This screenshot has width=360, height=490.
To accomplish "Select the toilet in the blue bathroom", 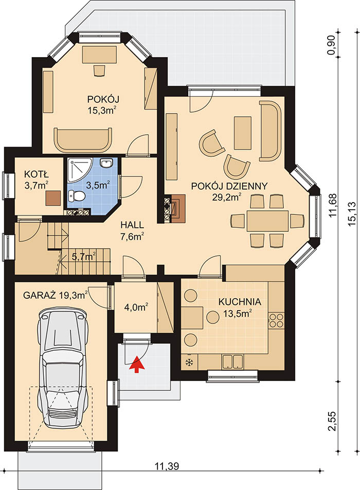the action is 77,196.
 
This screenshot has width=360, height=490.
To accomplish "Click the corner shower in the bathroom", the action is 79,170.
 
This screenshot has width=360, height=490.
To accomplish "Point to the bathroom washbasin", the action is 106,163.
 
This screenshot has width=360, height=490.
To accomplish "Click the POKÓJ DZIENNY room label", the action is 229,186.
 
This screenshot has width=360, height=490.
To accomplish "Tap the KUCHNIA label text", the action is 240,302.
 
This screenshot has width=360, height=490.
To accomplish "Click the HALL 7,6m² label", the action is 132,231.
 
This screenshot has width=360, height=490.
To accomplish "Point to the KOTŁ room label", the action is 36,174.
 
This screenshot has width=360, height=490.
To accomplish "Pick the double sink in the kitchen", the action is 232,361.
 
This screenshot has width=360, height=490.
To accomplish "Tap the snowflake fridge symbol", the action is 189,362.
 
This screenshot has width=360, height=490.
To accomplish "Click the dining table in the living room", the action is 267,221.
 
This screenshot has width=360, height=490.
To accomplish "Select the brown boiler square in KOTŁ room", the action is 53,198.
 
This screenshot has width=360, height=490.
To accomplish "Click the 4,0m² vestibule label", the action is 136,307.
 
